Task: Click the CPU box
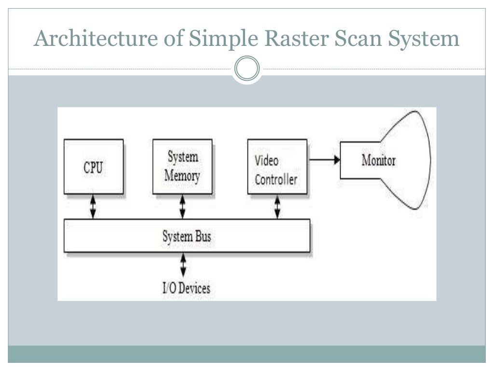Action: point(93,167)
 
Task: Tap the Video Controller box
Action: point(276,167)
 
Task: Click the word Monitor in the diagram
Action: point(378,160)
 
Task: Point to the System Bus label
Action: point(187,237)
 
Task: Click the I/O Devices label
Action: point(186,288)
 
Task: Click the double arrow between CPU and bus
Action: point(93,207)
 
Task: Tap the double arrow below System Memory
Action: point(182,207)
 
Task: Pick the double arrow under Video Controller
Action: point(277,207)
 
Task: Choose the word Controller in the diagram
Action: point(276,180)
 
